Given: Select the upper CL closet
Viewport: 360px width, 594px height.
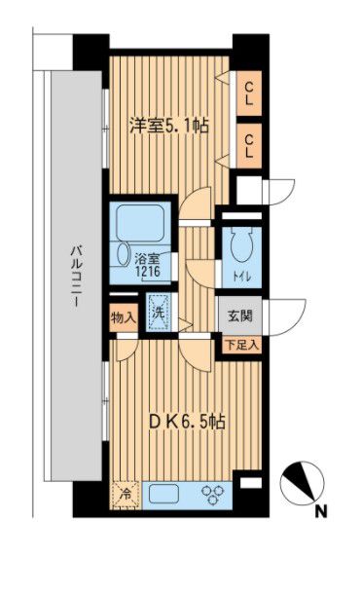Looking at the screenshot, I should (249, 94).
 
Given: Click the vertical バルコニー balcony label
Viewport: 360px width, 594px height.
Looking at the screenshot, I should (73, 277).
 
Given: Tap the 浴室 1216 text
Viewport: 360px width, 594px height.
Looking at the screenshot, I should (148, 267).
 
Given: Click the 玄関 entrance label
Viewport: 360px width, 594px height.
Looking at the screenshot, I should (241, 316).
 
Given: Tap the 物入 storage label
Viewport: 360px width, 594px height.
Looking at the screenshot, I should (122, 317).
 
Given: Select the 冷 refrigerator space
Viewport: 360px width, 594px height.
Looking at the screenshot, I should (125, 495).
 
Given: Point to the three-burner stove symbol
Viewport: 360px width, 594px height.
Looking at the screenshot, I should (212, 495).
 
